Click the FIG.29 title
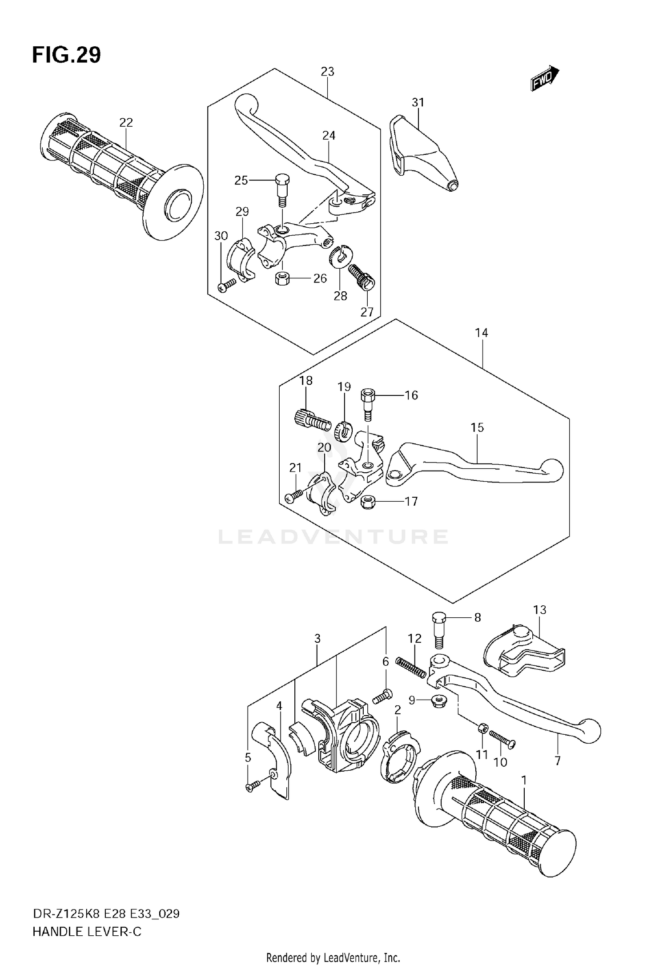coord(67,56)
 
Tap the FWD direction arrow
coord(545,78)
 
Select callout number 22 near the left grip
coord(126,122)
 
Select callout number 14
coord(482,333)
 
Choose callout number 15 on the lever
coord(477,427)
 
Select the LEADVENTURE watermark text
coord(333,537)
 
